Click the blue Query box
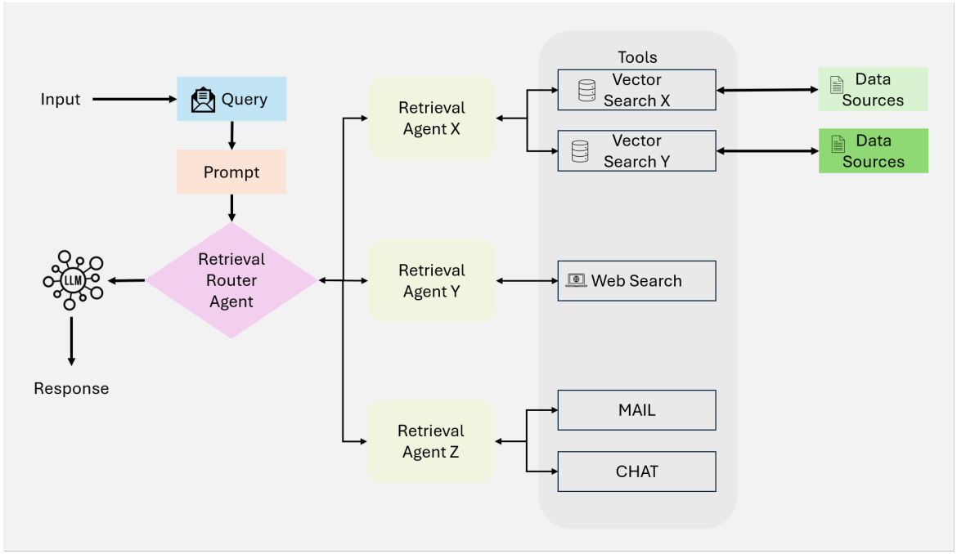click(x=231, y=99)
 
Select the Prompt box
click(x=231, y=172)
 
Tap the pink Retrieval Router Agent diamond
click(x=231, y=280)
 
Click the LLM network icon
click(x=74, y=279)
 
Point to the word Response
click(x=71, y=388)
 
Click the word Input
click(x=61, y=100)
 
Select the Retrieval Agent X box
click(x=432, y=118)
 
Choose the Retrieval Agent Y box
click(x=432, y=280)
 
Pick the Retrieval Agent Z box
click(x=430, y=441)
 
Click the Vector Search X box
click(x=636, y=90)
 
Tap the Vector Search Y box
click(x=636, y=150)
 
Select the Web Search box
click(x=636, y=281)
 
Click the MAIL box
click(x=636, y=410)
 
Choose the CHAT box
click(x=636, y=471)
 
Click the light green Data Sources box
click(x=873, y=89)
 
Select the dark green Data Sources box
click(x=874, y=150)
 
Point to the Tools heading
click(x=637, y=57)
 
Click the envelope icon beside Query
click(x=203, y=100)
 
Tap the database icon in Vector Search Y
click(x=580, y=151)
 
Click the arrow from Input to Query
click(x=135, y=99)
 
